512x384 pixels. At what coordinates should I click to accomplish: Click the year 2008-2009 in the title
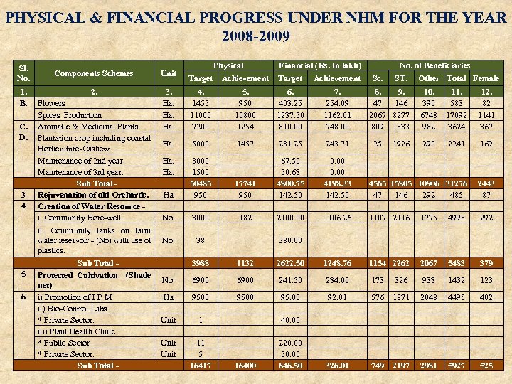[x=256, y=36]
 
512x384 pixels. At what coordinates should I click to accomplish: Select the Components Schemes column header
[x=94, y=73]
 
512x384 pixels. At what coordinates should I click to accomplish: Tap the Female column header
[x=486, y=78]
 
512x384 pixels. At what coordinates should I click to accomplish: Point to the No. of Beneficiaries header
[x=434, y=65]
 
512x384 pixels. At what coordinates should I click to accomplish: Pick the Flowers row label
[x=51, y=103]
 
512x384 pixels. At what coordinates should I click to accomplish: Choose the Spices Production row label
[x=70, y=114]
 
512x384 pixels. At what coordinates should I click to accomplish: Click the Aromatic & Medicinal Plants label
[x=83, y=126]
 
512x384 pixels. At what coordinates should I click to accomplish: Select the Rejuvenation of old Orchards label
[x=92, y=194]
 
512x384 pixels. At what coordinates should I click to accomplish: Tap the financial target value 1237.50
[x=290, y=114]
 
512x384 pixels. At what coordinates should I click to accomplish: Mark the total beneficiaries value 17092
[x=456, y=114]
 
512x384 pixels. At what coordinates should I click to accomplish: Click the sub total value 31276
[x=456, y=183]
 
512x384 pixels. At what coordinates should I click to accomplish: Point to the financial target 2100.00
[x=290, y=217]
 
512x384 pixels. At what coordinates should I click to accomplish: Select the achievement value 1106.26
[x=337, y=217]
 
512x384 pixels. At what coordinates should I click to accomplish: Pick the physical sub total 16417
[x=201, y=366]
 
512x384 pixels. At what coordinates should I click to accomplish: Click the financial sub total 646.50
[x=290, y=366]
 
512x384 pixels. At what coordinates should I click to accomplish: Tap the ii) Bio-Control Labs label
[x=72, y=309]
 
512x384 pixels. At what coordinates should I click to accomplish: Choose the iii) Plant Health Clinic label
[x=76, y=331]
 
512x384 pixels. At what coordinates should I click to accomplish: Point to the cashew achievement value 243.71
[x=337, y=143]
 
